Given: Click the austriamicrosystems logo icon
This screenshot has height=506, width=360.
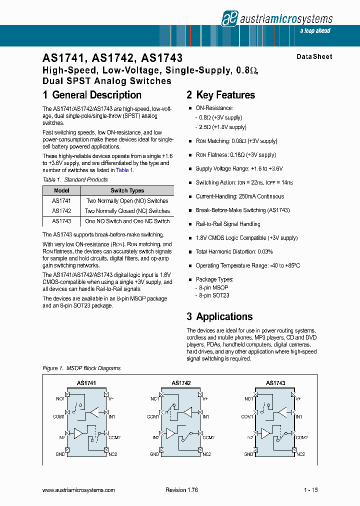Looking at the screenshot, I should pyautogui.click(x=229, y=18).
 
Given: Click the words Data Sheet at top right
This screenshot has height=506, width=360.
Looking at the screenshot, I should pyautogui.click(x=314, y=57).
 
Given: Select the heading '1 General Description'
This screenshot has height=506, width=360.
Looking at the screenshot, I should pyautogui.click(x=92, y=95).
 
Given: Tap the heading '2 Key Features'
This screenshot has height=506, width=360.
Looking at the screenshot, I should pyautogui.click(x=220, y=95).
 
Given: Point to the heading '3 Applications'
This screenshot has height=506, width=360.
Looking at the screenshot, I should pyautogui.click(x=219, y=316).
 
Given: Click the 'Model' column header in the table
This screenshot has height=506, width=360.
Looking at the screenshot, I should pyautogui.click(x=61, y=190).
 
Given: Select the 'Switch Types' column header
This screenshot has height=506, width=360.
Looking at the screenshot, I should pyautogui.click(x=127, y=190).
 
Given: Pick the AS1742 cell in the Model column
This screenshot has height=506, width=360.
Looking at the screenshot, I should pyautogui.click(x=61, y=211).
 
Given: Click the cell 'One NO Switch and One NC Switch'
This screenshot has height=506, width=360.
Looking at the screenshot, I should pyautogui.click(x=127, y=221).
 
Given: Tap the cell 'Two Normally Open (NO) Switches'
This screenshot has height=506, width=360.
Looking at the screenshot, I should pyautogui.click(x=127, y=201).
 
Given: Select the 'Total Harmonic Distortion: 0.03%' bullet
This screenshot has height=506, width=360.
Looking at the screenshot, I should pyautogui.click(x=234, y=251).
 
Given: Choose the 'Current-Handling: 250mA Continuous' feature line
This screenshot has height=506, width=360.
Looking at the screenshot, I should pyautogui.click(x=239, y=196).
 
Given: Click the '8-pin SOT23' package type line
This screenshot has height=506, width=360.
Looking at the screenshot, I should pyautogui.click(x=214, y=295).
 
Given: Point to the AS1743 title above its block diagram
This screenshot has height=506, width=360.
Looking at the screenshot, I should pyautogui.click(x=275, y=383).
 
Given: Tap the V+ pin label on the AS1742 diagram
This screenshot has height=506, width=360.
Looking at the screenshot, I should pyautogui.click(x=205, y=398).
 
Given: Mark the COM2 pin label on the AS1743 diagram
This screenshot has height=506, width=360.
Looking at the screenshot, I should pyautogui.click(x=301, y=437).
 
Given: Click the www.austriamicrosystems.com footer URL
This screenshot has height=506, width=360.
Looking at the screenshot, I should pyautogui.click(x=79, y=490).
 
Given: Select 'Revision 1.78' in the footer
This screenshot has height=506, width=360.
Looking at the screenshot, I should pyautogui.click(x=181, y=490).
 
